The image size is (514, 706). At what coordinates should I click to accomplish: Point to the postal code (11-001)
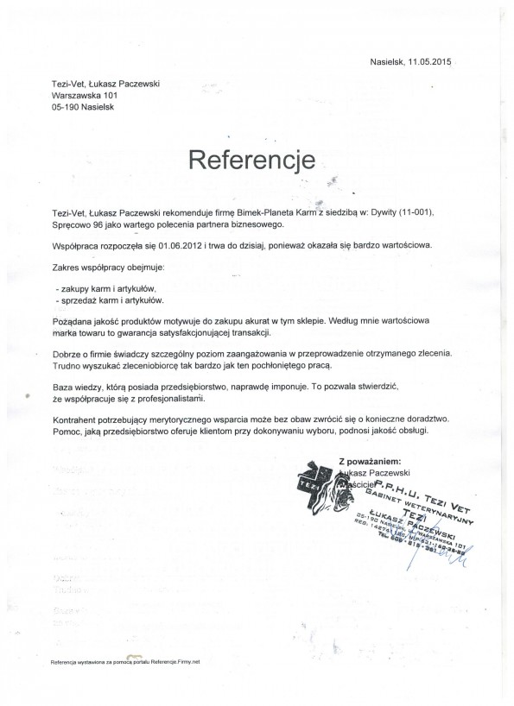pos(421,211)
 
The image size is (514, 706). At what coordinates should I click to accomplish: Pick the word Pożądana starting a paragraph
pos(73,319)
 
